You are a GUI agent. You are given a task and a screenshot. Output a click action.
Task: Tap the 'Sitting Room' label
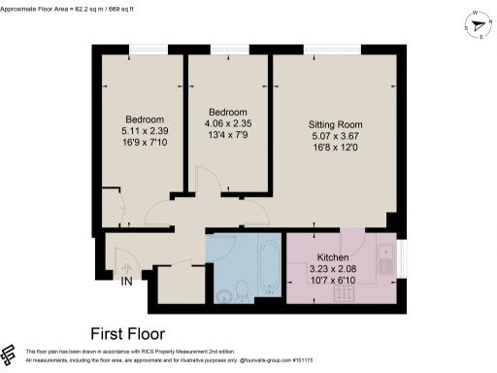335,125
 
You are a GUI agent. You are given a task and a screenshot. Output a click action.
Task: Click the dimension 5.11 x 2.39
138,131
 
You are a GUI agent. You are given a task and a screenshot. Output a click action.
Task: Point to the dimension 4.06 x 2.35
226,123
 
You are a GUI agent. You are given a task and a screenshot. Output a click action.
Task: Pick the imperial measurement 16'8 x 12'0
335,149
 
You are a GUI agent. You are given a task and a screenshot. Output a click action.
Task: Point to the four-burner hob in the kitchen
384,283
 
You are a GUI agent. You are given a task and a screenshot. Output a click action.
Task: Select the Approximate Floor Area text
67,6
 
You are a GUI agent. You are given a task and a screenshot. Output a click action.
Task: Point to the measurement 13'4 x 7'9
226,135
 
